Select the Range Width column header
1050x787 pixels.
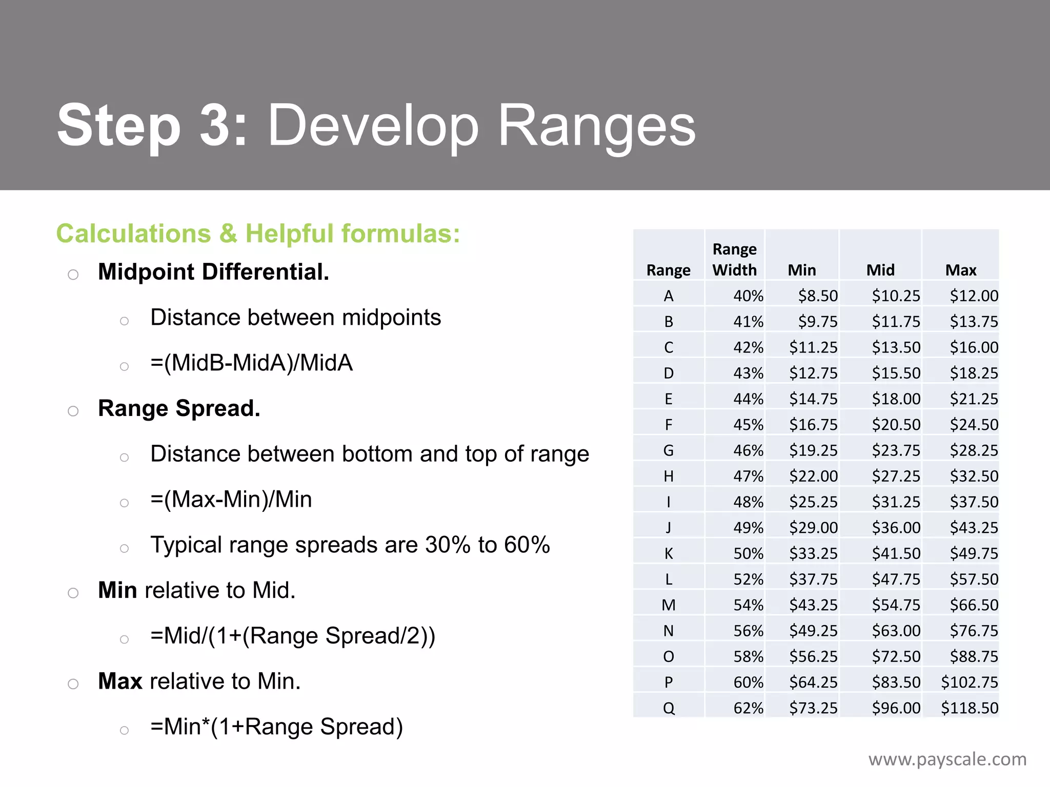click(x=734, y=259)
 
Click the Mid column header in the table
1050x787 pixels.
click(x=880, y=270)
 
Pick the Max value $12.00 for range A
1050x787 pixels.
click(x=974, y=296)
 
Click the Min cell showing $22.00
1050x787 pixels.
click(x=813, y=476)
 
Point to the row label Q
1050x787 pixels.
click(x=668, y=708)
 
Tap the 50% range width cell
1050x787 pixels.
click(x=748, y=553)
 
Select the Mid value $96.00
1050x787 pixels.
click(x=896, y=708)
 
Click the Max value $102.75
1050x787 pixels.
click(x=969, y=682)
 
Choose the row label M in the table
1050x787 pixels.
click(x=668, y=605)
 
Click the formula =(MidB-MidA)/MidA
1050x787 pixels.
click(x=251, y=363)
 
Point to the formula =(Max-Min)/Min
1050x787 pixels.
click(x=231, y=499)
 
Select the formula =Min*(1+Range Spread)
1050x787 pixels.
click(x=276, y=727)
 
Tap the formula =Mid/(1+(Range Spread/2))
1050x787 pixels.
click(x=293, y=636)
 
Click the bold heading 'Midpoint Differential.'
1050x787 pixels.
click(x=213, y=272)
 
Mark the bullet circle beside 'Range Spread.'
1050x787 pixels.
click(x=73, y=411)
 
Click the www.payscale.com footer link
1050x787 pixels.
click(x=947, y=759)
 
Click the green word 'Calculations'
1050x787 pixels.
click(x=133, y=234)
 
